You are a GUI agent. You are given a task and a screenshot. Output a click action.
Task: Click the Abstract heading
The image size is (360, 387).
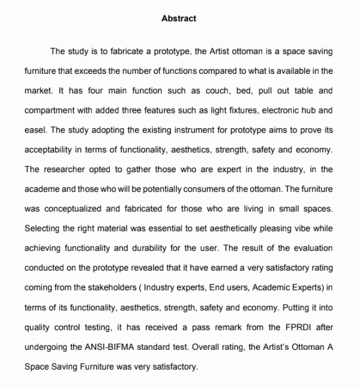(x=179, y=18)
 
